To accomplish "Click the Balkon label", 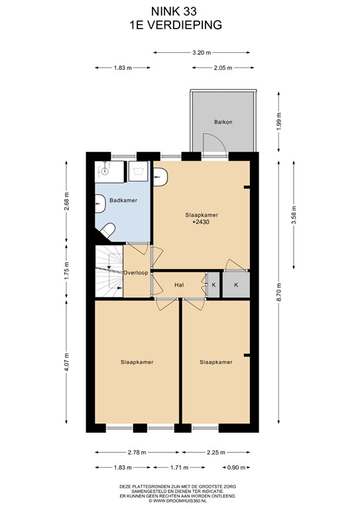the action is point(223,122).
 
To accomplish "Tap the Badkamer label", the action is point(123,200).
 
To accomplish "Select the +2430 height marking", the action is point(201,222).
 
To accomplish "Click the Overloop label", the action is point(136,272).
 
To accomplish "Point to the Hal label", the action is point(179,285).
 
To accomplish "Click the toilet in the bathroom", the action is point(107,230).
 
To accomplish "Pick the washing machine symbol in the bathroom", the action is point(138,171).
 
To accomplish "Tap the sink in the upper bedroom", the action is point(160,177).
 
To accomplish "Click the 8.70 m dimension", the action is point(279,292).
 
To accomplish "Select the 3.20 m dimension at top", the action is point(202,52).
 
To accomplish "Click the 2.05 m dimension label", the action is point(223,68).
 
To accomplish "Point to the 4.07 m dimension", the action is point(66,362).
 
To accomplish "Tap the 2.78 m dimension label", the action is point(137,452).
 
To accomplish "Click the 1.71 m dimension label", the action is point(179,467).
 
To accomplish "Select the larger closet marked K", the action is point(236,285).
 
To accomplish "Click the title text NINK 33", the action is point(174,11).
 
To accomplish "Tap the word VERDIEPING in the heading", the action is point(184,25).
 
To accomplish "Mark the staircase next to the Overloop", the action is point(109,271).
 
